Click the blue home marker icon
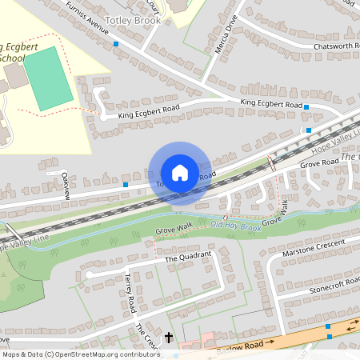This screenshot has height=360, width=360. pos(179,173)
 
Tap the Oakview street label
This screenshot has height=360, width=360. pos(66,185)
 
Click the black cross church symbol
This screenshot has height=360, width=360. pos(169,338)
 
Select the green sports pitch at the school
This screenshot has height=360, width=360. pos(48,78)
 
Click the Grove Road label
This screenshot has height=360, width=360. pos(319,163)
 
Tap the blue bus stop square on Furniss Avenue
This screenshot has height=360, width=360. pos(116,43)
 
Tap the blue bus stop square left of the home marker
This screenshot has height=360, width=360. pos(126,185)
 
